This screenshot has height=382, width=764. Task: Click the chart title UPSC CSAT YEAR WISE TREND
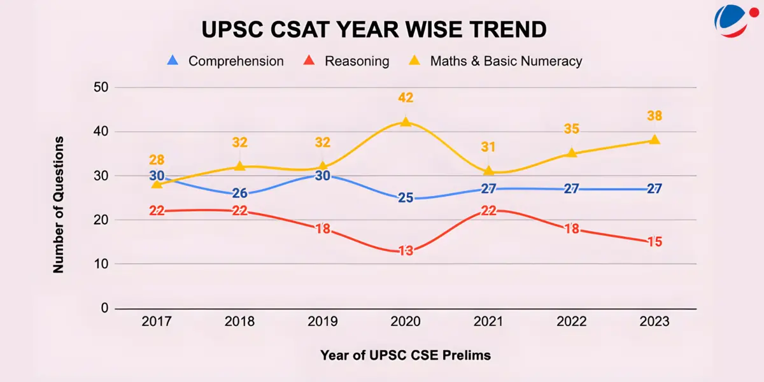[x=374, y=30]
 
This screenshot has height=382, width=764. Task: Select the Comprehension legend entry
[x=226, y=61]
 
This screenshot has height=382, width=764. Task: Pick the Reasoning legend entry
[x=347, y=61]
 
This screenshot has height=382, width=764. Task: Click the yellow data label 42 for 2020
[x=406, y=98]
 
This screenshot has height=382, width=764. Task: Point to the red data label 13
[x=406, y=251]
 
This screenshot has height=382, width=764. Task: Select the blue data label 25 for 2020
[x=406, y=198]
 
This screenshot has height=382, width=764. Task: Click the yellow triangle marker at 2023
[x=654, y=139]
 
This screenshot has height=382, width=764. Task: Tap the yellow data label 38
[x=654, y=116]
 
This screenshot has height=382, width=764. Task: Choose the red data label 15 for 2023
[x=654, y=242]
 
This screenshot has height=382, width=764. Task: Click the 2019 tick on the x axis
[x=323, y=322]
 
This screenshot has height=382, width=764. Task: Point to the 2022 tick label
[x=571, y=322]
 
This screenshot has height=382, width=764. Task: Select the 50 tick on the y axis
[x=100, y=87]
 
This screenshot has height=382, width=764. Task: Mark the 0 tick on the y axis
[x=104, y=308]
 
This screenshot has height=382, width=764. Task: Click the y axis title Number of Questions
[x=59, y=204]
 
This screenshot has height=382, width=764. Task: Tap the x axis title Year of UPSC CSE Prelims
[x=406, y=355]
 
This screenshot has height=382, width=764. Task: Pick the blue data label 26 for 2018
[x=240, y=193]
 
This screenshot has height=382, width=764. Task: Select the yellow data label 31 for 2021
[x=488, y=146]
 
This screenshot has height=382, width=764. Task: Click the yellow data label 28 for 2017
[x=157, y=160]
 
